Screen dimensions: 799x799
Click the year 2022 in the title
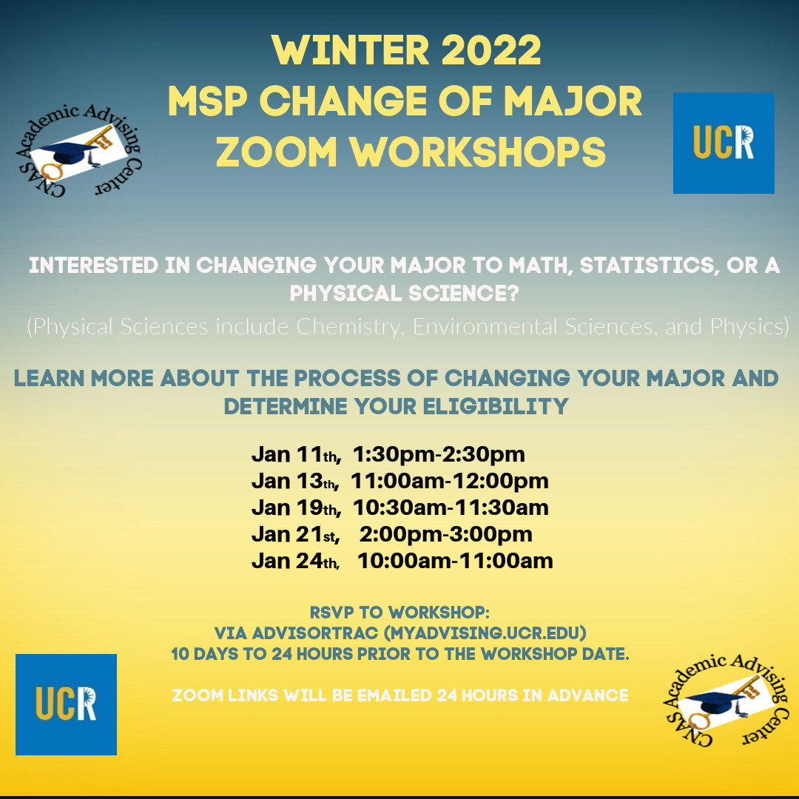click(x=490, y=50)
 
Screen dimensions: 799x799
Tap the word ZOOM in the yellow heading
click(x=276, y=152)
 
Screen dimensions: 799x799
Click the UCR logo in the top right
click(x=724, y=143)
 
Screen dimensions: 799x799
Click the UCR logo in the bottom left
click(x=67, y=704)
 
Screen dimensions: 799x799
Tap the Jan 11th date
click(x=296, y=454)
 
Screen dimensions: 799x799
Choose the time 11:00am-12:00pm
click(x=450, y=481)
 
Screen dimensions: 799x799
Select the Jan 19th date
click(x=296, y=508)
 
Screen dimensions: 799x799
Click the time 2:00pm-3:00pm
click(x=446, y=534)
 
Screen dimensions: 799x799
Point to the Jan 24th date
click(x=295, y=561)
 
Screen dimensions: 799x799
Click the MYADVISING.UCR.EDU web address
click(x=485, y=633)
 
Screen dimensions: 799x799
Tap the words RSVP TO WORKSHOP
click(x=399, y=612)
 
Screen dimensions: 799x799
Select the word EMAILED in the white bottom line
click(x=394, y=695)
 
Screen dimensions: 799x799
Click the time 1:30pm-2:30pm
click(x=439, y=454)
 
